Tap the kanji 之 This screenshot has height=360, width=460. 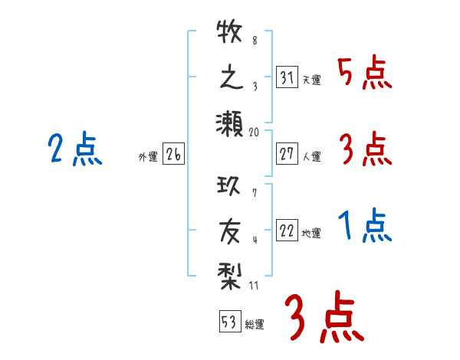[x=230, y=78]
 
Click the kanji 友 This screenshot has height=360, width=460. [x=230, y=229]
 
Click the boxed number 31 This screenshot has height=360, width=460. [x=287, y=77]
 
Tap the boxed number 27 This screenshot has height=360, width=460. [x=287, y=154]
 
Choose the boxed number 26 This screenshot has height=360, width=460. [x=173, y=155]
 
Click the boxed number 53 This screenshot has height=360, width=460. [x=228, y=322]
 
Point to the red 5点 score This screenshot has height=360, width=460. [x=365, y=75]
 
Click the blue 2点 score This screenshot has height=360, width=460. [x=74, y=149]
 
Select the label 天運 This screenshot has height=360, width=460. [x=311, y=80]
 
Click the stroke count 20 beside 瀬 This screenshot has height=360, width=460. [x=255, y=133]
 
